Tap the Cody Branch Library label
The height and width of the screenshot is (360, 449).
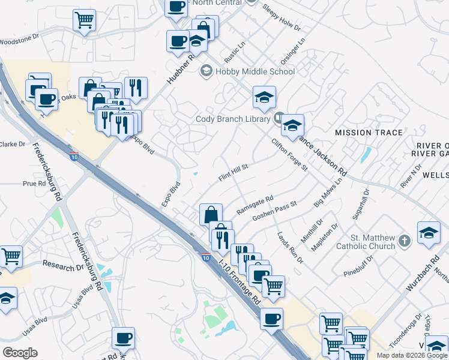pos(233,119)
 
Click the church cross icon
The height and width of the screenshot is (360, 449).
pos(405,241)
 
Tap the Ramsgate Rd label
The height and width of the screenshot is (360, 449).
pos(255,205)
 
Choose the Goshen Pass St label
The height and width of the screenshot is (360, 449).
pos(275,211)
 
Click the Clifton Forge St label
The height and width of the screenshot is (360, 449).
pos(289,155)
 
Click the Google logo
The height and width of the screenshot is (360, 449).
pos(20,352)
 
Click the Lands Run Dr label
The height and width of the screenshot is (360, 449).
pos(290,247)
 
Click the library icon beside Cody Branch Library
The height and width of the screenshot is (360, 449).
pos(279,118)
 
